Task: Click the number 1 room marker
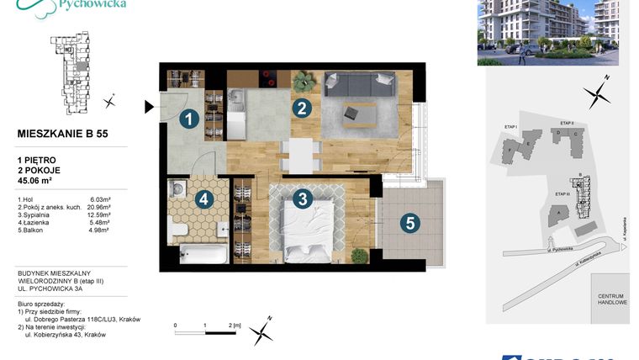pos(190,120)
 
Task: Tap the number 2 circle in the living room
pos(301,109)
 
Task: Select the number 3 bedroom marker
pos(302,199)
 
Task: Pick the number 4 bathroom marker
pos(203,200)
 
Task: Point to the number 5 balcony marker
pos(409,224)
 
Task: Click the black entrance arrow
pos(150,107)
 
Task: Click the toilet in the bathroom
pos(177,227)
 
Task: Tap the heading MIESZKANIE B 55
pos(62,133)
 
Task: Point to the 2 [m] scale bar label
pos(235,324)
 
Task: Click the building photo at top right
pos(547,33)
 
